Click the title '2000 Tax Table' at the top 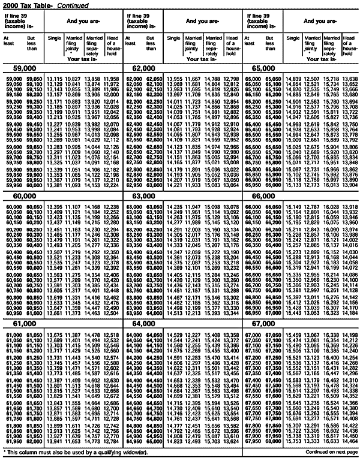(x=25, y=4)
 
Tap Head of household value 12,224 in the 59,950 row (x=111, y=186)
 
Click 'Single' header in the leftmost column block (x=55, y=38)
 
